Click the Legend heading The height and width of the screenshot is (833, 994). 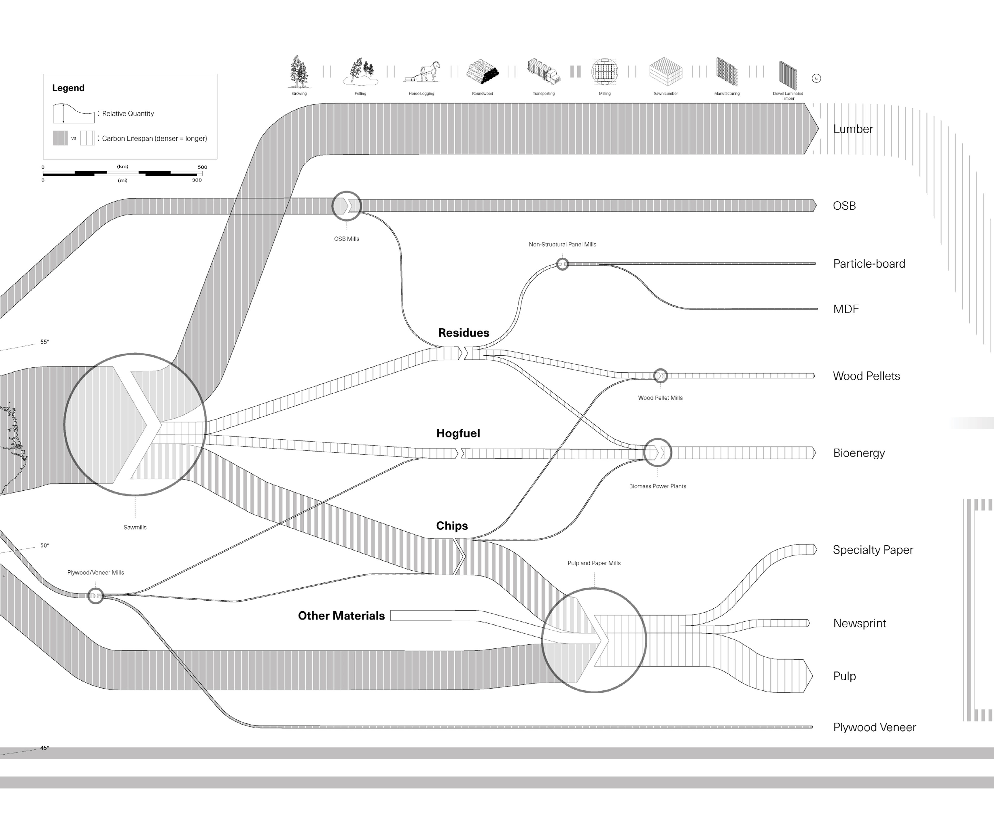pos(68,88)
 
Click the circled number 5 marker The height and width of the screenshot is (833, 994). pos(816,79)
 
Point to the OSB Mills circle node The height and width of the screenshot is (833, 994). pos(347,206)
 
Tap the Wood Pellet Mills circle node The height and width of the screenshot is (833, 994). pos(660,376)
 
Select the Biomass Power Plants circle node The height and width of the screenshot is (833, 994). pos(657,453)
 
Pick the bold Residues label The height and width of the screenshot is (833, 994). pos(463,333)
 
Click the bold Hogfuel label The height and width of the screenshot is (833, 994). pos(458,433)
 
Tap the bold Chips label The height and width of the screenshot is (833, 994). pos(451,526)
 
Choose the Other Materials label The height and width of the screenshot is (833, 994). pos(341,616)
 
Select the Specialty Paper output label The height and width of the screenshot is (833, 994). pos(873,550)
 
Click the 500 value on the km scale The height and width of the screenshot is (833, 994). pos(202,167)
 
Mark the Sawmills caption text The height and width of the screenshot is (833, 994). pos(135,527)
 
